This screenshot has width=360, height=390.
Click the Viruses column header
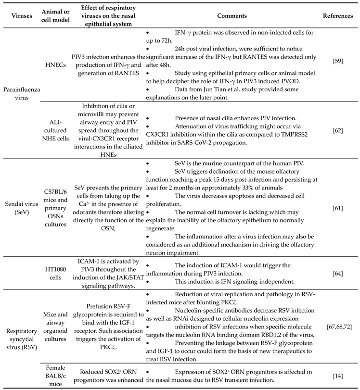click(x=17, y=15)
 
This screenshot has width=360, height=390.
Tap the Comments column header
click(x=232, y=15)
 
